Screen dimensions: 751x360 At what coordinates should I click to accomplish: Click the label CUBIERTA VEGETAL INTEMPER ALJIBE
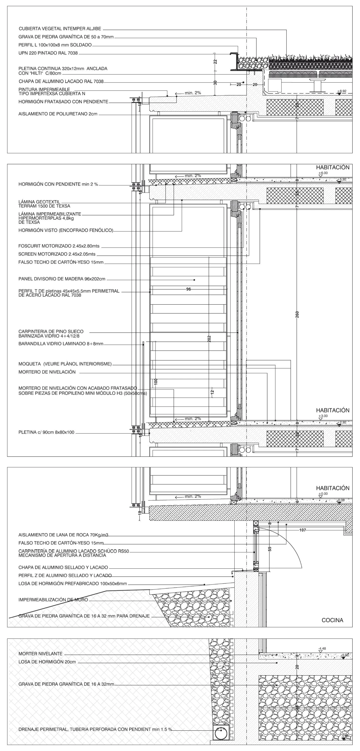[x=60, y=29]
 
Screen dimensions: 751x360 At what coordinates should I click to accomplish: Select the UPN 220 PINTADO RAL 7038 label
[x=48, y=53]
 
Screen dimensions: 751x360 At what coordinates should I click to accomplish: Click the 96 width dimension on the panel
[x=188, y=290]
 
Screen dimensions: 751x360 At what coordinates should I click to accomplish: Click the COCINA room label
[x=332, y=620]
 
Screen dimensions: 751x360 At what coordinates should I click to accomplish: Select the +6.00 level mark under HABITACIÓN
[x=320, y=173]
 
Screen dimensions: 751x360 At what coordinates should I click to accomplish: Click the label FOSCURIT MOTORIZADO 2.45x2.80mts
[x=61, y=246]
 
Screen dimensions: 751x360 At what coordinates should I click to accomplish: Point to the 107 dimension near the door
[x=303, y=530]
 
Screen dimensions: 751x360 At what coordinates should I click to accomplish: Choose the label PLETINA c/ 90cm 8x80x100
[x=46, y=432]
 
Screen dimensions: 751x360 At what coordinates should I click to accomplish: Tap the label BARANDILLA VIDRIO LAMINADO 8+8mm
[x=61, y=344]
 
